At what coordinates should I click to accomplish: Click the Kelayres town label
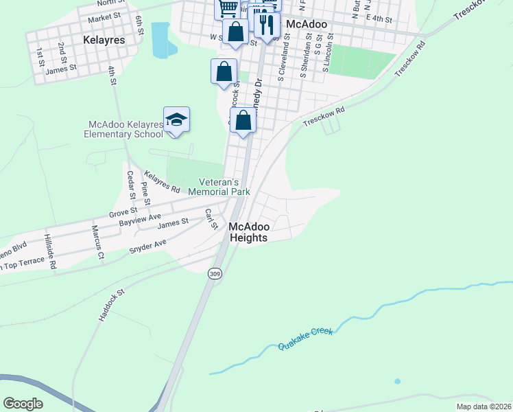pyautogui.click(x=104, y=40)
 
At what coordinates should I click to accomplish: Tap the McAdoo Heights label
pyautogui.click(x=248, y=231)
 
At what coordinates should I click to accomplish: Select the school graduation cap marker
pyautogui.click(x=176, y=119)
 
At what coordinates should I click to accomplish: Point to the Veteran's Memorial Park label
pyautogui.click(x=219, y=187)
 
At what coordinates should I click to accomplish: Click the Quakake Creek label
pyautogui.click(x=306, y=339)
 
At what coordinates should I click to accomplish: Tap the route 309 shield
pyautogui.click(x=214, y=273)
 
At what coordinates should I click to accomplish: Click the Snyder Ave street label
pyautogui.click(x=148, y=245)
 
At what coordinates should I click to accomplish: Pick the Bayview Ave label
pyautogui.click(x=139, y=219)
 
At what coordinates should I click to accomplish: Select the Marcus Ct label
pyautogui.click(x=96, y=242)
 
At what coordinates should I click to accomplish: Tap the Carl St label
pyautogui.click(x=211, y=220)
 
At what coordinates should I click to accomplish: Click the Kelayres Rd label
pyautogui.click(x=163, y=181)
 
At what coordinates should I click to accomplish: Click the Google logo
pyautogui.click(x=23, y=404)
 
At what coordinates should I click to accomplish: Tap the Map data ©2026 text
pyautogui.click(x=484, y=407)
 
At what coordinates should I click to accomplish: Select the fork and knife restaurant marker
pyautogui.click(x=266, y=25)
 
